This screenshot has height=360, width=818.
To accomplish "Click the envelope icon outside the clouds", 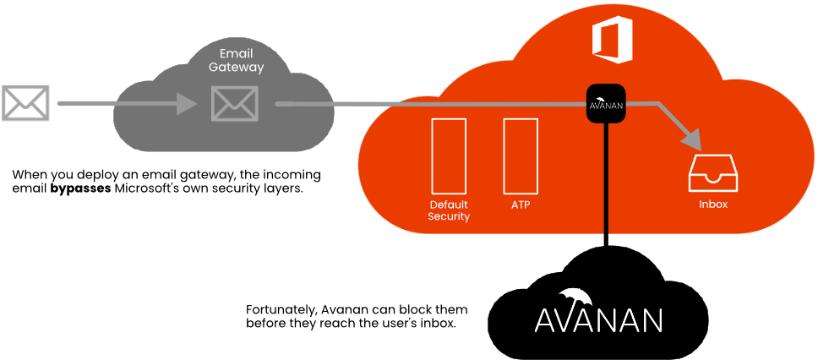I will (x=25, y=103).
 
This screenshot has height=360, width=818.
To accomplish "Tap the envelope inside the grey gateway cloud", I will (x=234, y=103).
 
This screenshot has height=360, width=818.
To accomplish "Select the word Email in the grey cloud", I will (x=236, y=53).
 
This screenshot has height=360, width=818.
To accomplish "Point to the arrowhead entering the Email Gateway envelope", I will (x=188, y=104).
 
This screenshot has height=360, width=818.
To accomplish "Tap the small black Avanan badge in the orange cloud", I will (x=606, y=104).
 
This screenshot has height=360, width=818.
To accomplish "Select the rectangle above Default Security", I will (x=449, y=155).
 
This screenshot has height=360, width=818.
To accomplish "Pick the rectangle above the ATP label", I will (x=521, y=155).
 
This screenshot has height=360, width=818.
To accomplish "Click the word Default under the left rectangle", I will (x=449, y=205).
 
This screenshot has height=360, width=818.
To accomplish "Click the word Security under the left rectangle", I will (x=449, y=216).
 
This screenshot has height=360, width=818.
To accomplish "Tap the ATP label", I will (x=521, y=205).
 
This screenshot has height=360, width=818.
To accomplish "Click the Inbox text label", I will (x=713, y=205).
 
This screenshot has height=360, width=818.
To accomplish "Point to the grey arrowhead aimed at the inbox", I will (x=692, y=136).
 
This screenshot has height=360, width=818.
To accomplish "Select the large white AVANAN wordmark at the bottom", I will (x=598, y=319).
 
